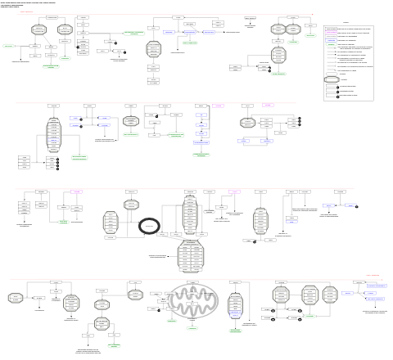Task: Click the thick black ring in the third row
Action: (151, 226)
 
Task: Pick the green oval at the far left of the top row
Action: (8, 46)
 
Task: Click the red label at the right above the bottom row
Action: (373, 276)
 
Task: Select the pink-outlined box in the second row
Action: (268, 106)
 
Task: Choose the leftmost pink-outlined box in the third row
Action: (78, 191)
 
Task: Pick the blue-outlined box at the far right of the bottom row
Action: (347, 292)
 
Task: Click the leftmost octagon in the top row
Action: (38, 30)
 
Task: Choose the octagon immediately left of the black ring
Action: (113, 223)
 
